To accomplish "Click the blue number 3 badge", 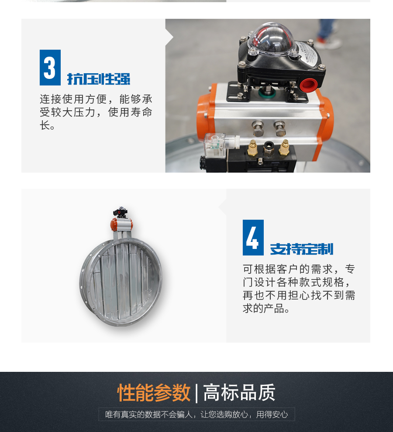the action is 50,68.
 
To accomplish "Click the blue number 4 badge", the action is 253,238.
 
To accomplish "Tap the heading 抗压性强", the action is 99,79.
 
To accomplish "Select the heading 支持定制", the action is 302,249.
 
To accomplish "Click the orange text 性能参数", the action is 154,393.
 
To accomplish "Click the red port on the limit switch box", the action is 308,85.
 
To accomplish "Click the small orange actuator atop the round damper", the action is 122,224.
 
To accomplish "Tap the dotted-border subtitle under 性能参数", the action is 196,415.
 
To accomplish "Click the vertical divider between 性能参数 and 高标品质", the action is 196,393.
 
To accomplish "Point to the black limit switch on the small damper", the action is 120,211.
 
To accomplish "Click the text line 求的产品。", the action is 266,309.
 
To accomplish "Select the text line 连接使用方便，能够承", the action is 96,99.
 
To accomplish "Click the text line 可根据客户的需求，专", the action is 299,269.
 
